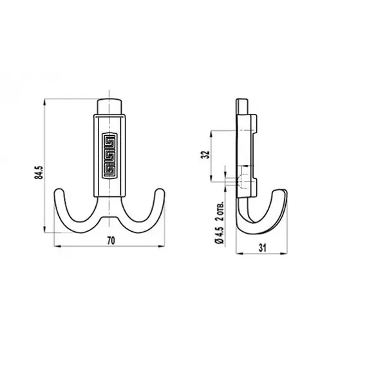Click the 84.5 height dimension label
tap(38, 173)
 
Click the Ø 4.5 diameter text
tap(220, 232)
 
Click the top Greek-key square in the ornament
tap(110, 141)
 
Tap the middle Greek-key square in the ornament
tap(110, 155)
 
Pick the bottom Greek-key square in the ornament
tap(110, 168)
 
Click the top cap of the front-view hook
tap(111, 106)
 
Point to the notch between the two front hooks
tap(111, 219)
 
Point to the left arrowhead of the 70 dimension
tap(53, 247)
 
